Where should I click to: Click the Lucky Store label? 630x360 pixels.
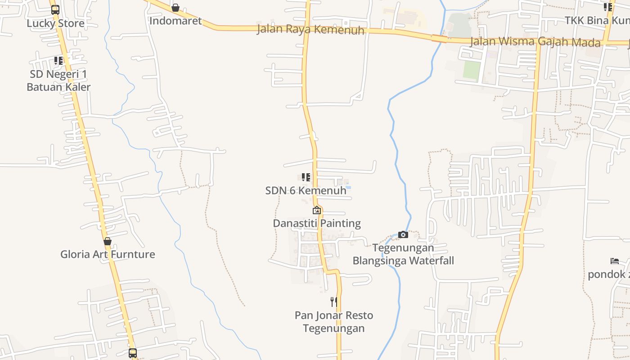55,23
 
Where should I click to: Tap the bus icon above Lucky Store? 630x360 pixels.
55,9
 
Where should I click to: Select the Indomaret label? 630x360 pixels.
175,21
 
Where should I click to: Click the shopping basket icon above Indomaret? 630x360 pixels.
175,8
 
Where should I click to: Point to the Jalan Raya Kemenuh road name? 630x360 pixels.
310,30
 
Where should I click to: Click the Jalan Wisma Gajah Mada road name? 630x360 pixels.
535,42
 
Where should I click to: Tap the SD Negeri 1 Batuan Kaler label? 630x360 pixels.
58,81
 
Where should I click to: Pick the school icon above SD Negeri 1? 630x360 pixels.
58,60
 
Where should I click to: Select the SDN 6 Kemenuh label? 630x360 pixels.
306,190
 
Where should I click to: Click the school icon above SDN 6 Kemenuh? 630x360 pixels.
306,177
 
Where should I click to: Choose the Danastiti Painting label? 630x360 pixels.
317,223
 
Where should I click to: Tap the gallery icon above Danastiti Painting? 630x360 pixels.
317,210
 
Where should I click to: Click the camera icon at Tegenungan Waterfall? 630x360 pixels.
403,234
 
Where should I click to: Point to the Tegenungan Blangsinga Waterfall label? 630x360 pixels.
403,254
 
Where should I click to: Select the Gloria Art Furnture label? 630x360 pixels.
108,254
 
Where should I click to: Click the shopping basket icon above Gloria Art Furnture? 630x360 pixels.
108,242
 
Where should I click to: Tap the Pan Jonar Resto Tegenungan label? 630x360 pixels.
334,322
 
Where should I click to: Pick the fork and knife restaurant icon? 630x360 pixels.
333,301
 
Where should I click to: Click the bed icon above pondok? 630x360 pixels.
615,261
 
